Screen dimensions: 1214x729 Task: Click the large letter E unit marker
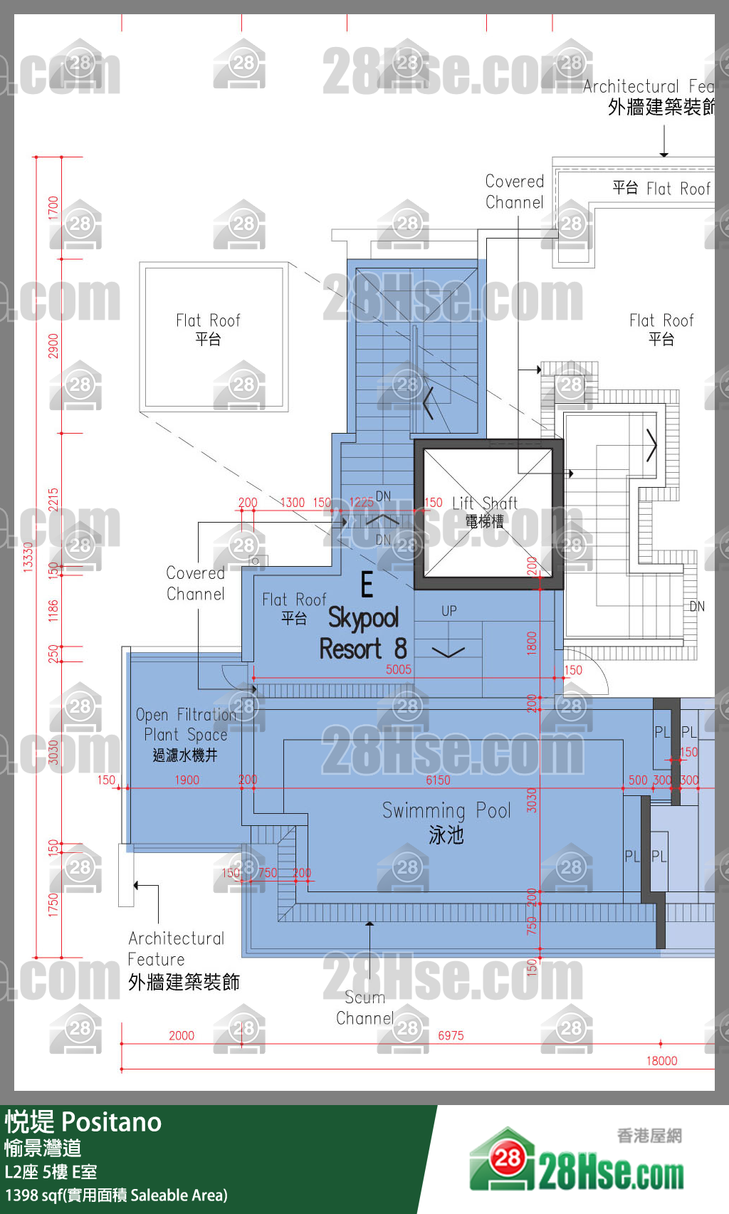367,585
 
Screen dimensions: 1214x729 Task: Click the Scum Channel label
364,1008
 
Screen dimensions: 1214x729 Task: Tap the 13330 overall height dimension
28,556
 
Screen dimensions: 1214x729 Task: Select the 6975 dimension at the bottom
451,1036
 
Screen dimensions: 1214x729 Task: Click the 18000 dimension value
661,1061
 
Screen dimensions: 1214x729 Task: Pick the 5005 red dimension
399,669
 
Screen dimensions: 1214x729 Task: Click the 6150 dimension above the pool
438,780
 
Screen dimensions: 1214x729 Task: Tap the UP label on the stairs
449,611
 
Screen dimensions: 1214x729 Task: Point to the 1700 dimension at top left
53,207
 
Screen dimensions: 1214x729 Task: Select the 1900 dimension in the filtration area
187,780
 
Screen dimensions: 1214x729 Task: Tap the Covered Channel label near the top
514,192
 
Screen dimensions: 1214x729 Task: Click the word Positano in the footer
112,1123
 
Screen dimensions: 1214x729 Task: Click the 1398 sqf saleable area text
116,1195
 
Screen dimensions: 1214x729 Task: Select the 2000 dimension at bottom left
181,1036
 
